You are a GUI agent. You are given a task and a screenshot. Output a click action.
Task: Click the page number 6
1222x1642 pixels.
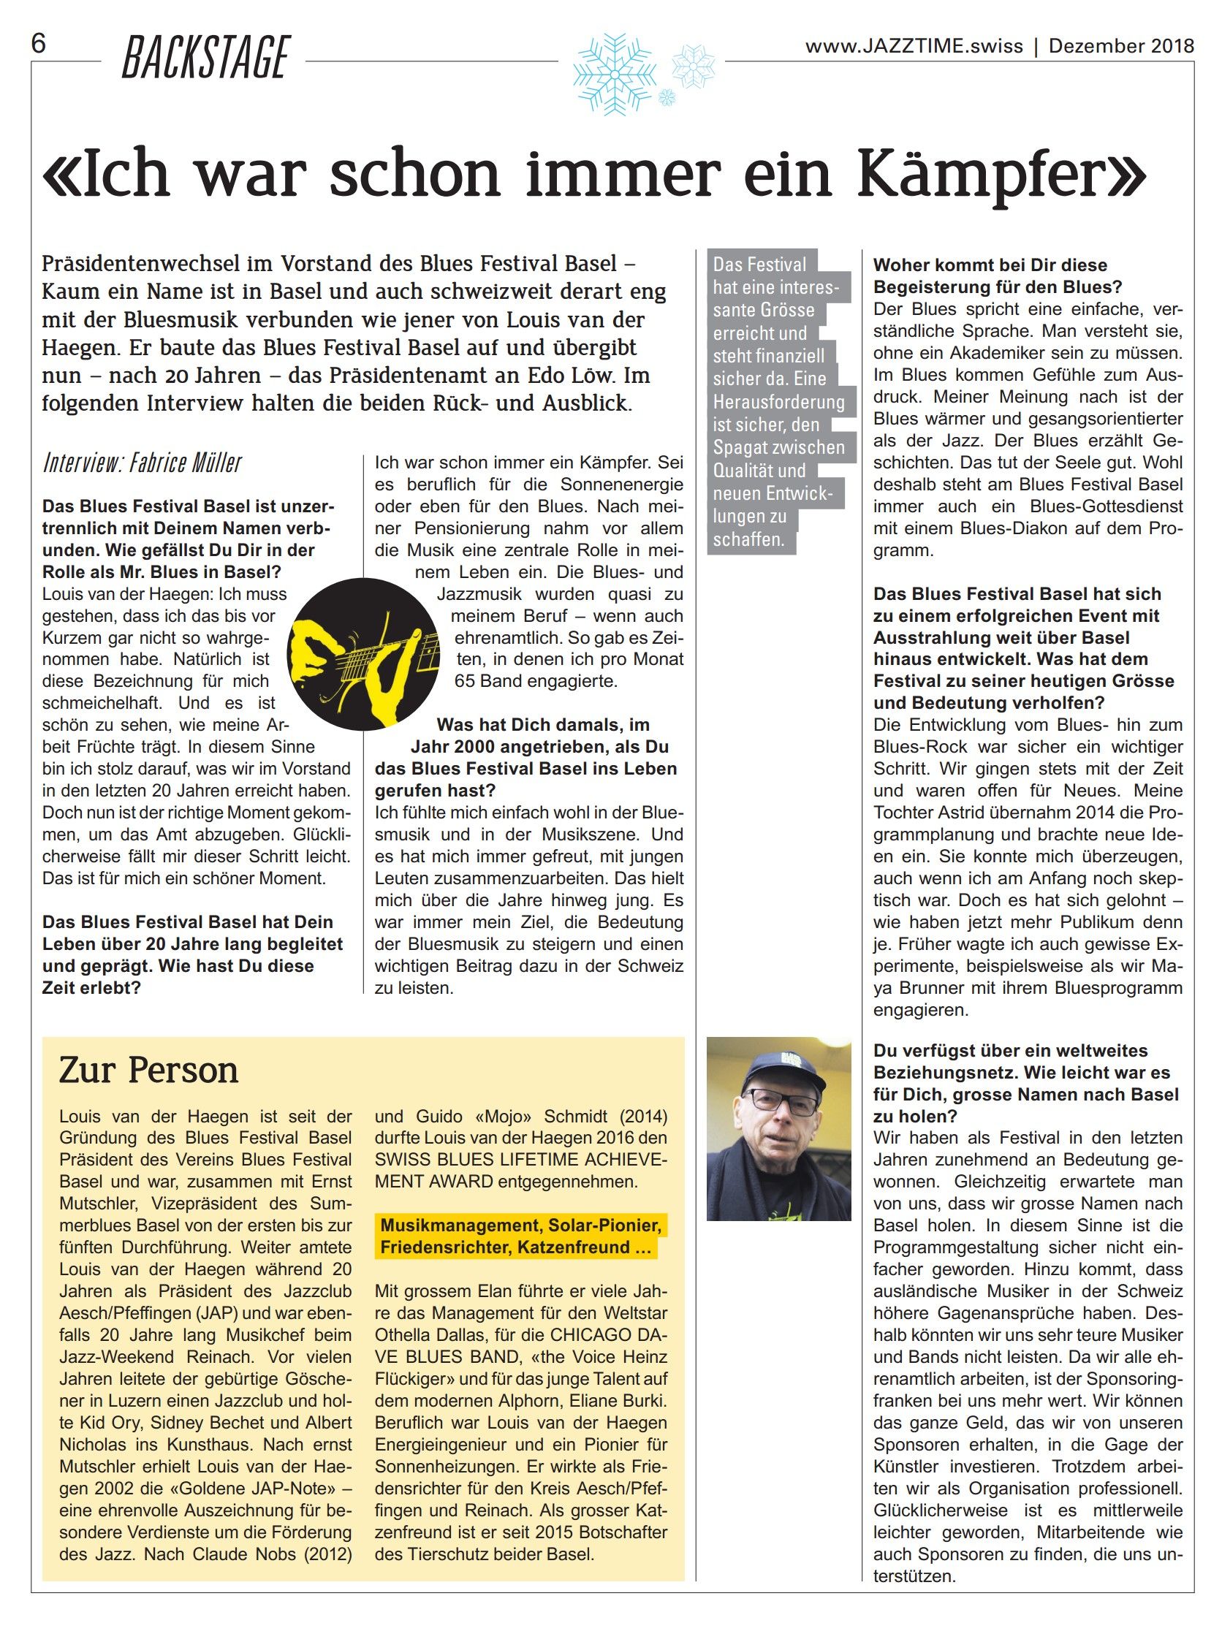(38, 45)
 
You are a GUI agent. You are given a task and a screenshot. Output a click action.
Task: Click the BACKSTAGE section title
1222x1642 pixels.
(205, 58)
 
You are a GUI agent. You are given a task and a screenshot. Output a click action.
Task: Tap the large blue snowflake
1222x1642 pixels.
(614, 74)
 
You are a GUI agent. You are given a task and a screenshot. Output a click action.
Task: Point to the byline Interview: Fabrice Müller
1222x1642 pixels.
(142, 463)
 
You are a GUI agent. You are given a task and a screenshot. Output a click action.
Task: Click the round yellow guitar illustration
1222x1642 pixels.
(363, 654)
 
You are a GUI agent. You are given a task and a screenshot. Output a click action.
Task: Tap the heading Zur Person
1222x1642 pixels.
(148, 1071)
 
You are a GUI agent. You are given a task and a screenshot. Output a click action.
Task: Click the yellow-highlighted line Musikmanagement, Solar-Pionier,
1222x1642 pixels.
(521, 1225)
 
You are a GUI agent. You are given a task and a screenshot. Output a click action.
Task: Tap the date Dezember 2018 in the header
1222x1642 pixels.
(1120, 47)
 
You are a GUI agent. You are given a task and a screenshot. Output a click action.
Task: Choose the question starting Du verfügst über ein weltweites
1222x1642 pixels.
(1011, 1051)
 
